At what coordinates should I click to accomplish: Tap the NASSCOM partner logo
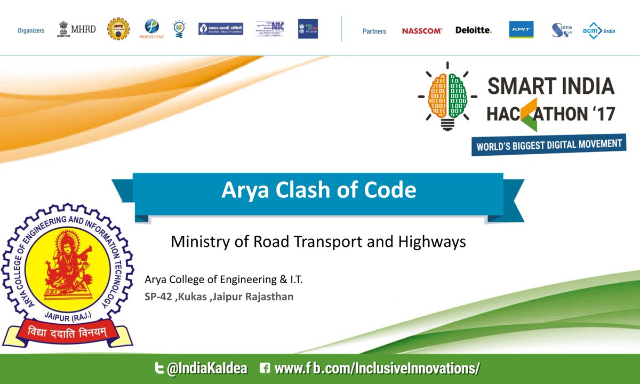[x=422, y=31]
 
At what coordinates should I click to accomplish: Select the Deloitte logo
[x=473, y=30]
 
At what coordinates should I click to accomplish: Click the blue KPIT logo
[x=519, y=29]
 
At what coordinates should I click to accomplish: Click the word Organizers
[x=31, y=31]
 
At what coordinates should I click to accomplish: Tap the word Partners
[x=374, y=31]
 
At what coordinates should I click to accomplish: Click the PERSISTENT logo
[x=152, y=29]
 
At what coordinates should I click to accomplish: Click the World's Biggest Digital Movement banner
[x=548, y=145]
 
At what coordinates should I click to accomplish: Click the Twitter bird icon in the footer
[x=159, y=369]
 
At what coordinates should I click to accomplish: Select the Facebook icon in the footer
[x=265, y=369]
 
